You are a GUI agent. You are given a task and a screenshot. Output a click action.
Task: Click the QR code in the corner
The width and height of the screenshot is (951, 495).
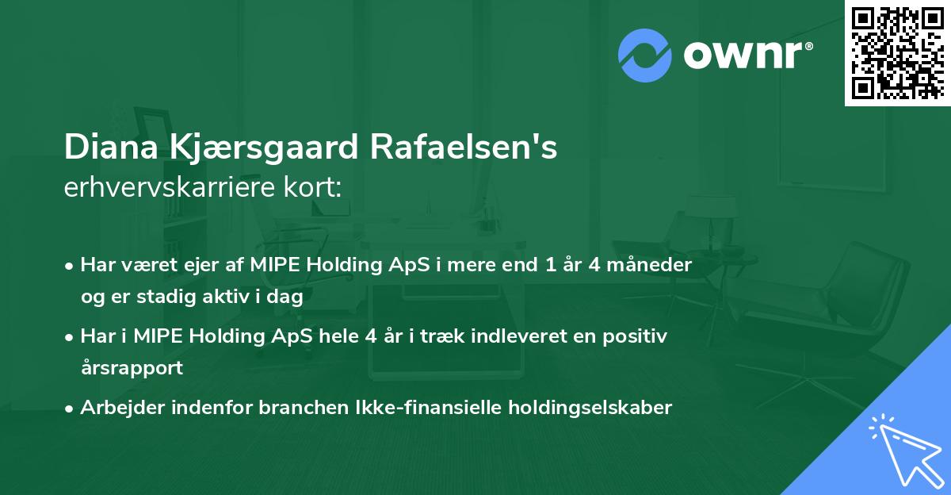(896, 52)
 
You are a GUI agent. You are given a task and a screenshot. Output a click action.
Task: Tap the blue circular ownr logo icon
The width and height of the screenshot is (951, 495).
(644, 56)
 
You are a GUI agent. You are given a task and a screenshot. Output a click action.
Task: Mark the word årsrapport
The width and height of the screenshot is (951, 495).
(132, 368)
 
